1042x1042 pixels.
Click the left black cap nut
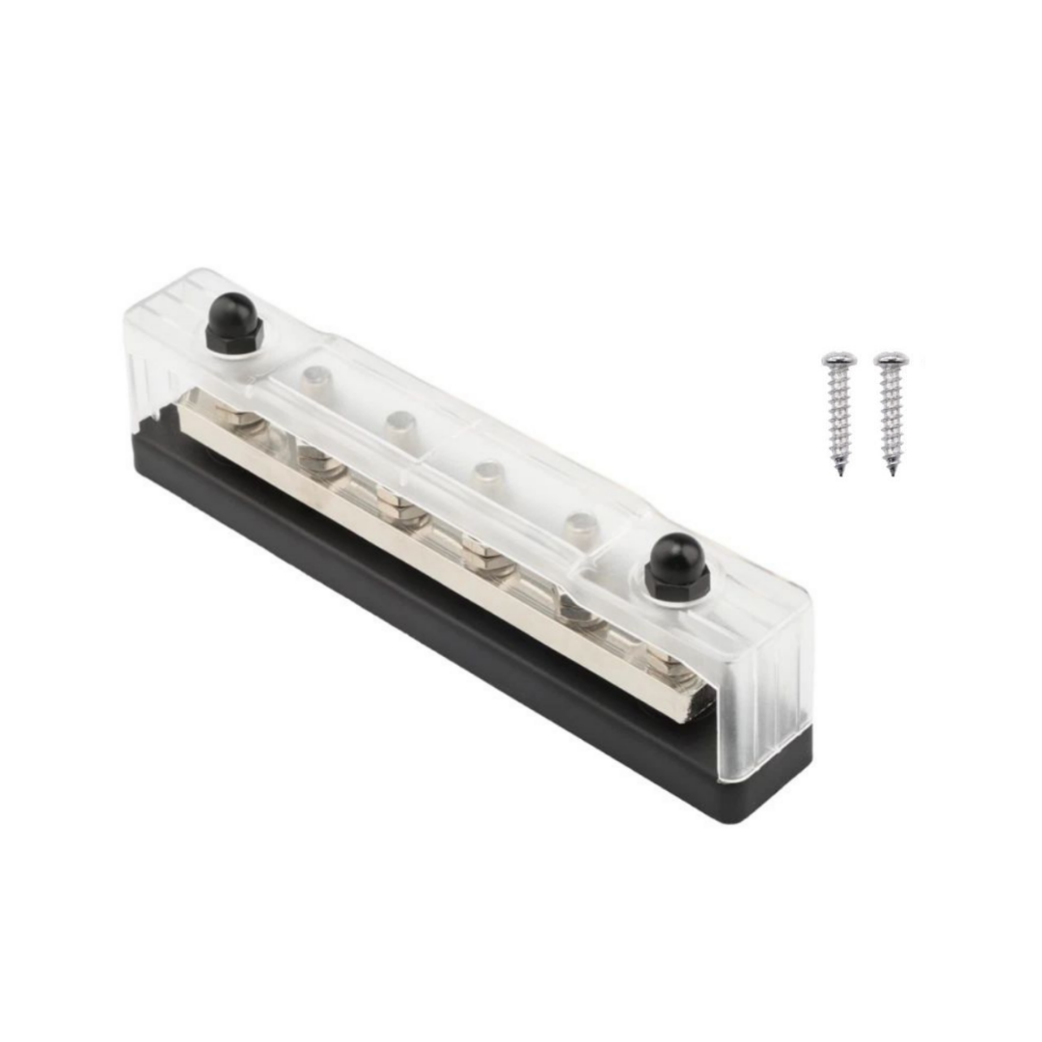233,323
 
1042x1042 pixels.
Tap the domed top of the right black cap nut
676,553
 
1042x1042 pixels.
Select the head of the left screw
837,359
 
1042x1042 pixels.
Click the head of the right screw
891,359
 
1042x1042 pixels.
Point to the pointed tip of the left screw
840,472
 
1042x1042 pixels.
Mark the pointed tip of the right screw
891,472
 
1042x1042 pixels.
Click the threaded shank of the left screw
838,415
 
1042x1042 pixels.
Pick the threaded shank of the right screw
891,415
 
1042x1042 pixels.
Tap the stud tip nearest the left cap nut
315,377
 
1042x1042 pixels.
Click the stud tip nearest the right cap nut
581,527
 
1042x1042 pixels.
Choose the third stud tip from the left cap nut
487,474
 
